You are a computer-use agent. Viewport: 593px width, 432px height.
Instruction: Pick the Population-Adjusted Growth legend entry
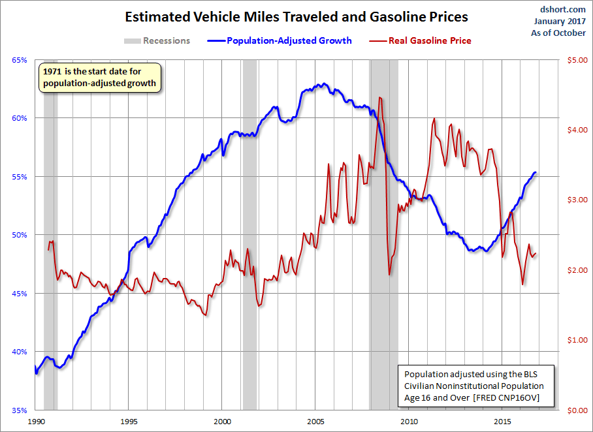click(x=289, y=40)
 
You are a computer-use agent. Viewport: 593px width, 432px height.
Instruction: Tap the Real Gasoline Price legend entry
click(x=430, y=40)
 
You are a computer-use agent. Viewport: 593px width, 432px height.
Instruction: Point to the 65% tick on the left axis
click(x=20, y=60)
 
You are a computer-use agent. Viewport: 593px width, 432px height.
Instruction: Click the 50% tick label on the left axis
click(x=20, y=235)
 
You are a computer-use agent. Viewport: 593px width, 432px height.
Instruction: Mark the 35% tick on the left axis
click(x=20, y=410)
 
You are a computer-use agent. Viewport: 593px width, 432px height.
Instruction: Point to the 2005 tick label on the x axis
click(x=316, y=421)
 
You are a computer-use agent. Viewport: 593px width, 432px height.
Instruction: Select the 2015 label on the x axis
click(x=503, y=421)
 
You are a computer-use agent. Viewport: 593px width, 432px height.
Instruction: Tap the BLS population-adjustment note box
click(x=476, y=386)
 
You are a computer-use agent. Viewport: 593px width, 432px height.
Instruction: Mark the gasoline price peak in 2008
click(x=380, y=98)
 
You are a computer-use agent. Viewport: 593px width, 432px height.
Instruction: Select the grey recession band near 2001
click(x=249, y=235)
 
